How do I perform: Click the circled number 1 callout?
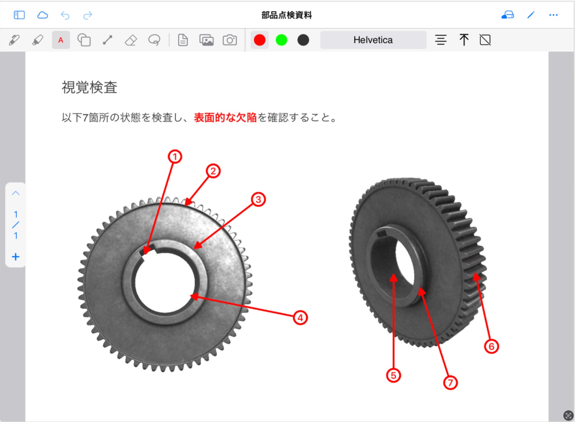pyautogui.click(x=175, y=157)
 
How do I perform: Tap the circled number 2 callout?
pyautogui.click(x=213, y=171)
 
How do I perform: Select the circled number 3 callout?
pyautogui.click(x=258, y=199)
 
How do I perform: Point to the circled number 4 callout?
pyautogui.click(x=300, y=318)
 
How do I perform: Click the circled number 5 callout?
pyautogui.click(x=393, y=375)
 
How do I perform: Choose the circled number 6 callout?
pyautogui.click(x=491, y=346)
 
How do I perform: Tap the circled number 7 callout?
pyautogui.click(x=450, y=383)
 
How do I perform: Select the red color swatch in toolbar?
pyautogui.click(x=260, y=40)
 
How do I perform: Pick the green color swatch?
pyautogui.click(x=281, y=40)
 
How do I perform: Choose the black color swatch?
pyautogui.click(x=303, y=40)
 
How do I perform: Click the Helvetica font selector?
pyautogui.click(x=373, y=40)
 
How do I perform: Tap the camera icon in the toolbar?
pyautogui.click(x=230, y=40)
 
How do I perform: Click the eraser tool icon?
pyautogui.click(x=131, y=40)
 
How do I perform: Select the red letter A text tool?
pyautogui.click(x=61, y=40)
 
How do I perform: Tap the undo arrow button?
pyautogui.click(x=65, y=15)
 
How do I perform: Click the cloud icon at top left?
pyautogui.click(x=42, y=15)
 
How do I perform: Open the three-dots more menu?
pyautogui.click(x=553, y=15)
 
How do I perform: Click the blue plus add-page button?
pyautogui.click(x=16, y=257)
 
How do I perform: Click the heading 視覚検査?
pyautogui.click(x=89, y=87)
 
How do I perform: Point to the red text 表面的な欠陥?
pyautogui.click(x=225, y=118)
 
